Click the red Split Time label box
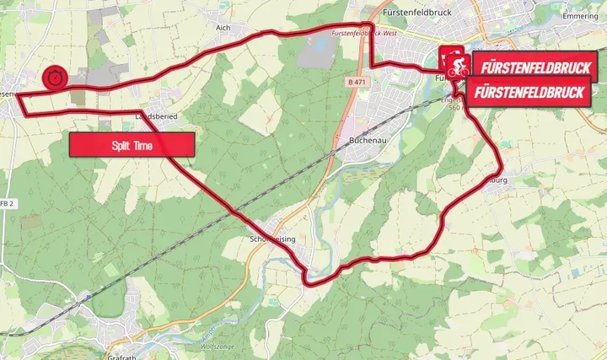[132, 145]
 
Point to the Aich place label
[223, 28]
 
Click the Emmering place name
[581, 15]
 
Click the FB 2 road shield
[8, 204]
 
